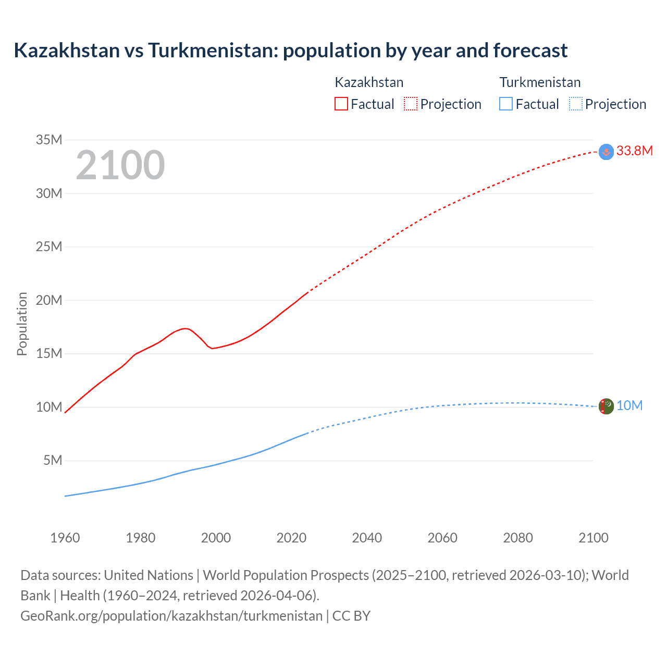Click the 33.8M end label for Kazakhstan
click(x=634, y=151)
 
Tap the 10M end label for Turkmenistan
click(x=629, y=406)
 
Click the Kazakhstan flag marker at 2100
click(x=606, y=152)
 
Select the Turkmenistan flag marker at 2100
click(x=606, y=406)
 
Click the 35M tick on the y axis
click(x=49, y=140)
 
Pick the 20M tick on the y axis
click(x=49, y=300)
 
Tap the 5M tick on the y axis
click(x=53, y=460)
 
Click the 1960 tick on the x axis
click(x=65, y=538)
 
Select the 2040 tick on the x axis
click(x=367, y=538)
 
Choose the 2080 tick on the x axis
click(x=518, y=538)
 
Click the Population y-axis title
click(x=22, y=324)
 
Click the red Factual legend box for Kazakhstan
click(x=341, y=104)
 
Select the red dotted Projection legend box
click(x=411, y=104)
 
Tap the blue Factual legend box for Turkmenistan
click(x=505, y=104)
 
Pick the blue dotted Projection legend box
click(x=575, y=104)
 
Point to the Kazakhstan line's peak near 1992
click(x=185, y=328)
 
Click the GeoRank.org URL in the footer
click(x=171, y=616)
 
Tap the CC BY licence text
click(x=351, y=616)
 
